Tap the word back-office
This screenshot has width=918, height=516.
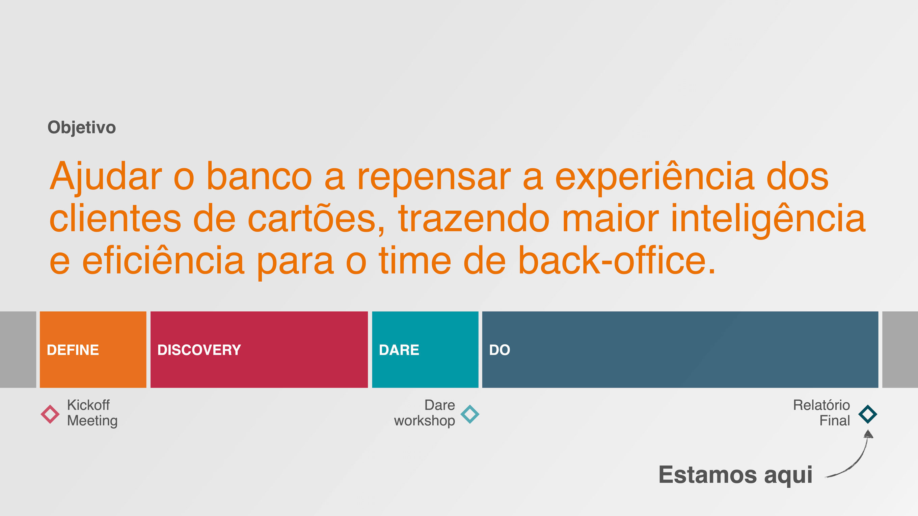pyautogui.click(x=617, y=260)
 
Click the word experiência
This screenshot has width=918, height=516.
pyautogui.click(x=655, y=177)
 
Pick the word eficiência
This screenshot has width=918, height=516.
pyautogui.click(x=163, y=260)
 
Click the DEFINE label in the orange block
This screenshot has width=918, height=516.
pyautogui.click(x=73, y=350)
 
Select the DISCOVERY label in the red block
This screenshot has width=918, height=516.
pyautogui.click(x=199, y=350)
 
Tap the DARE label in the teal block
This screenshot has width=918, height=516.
pyautogui.click(x=399, y=350)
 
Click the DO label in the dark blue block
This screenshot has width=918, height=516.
pyautogui.click(x=500, y=350)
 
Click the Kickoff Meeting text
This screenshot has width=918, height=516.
pyautogui.click(x=92, y=413)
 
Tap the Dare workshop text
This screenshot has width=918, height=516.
pyautogui.click(x=425, y=413)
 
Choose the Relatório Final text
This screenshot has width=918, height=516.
pyautogui.click(x=821, y=413)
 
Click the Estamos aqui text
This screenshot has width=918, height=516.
pyautogui.click(x=735, y=476)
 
